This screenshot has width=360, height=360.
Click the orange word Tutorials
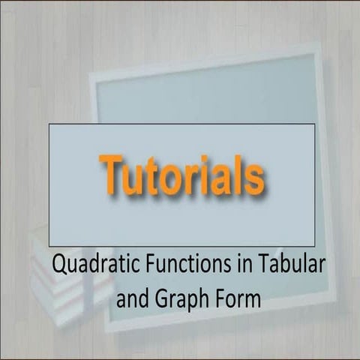click(x=182, y=175)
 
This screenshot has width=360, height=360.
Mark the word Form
click(x=240, y=298)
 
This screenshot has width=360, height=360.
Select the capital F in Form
click(x=223, y=298)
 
